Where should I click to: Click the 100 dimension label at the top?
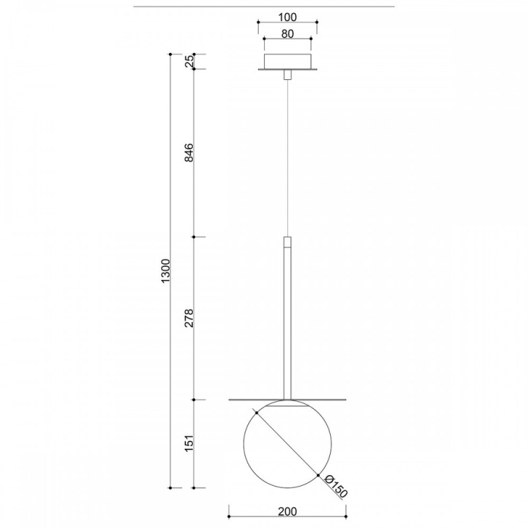tap(288, 17)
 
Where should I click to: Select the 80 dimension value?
tap(287, 34)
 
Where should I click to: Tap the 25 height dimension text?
tap(189, 61)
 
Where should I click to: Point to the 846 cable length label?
tap(189, 152)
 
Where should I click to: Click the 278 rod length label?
tap(189, 318)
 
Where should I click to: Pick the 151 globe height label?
tap(189, 443)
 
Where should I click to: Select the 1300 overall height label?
tap(166, 271)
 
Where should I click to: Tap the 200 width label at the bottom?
tap(288, 511)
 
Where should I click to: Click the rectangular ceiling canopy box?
tap(287, 61)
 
